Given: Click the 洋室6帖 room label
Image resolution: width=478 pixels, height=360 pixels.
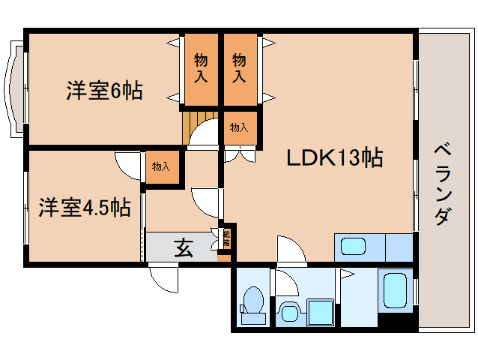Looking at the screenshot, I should (104, 91).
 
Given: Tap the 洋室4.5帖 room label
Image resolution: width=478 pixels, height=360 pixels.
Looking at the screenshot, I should (85, 207).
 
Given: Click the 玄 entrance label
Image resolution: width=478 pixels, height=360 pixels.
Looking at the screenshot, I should (184, 247).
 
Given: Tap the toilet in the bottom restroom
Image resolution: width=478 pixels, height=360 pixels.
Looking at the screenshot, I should (252, 303).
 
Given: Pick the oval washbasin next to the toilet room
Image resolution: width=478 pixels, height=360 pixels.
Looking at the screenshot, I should (290, 310).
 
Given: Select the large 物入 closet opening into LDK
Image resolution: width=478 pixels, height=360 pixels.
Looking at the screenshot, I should (240, 68).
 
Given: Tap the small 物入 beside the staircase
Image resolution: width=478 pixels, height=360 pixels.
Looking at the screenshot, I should (239, 127).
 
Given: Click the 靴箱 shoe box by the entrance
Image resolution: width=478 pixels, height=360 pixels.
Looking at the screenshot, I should (226, 240).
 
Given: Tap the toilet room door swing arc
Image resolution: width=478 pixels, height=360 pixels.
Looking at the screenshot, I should (283, 283).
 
